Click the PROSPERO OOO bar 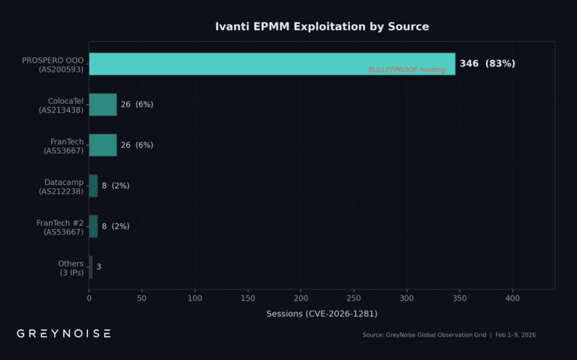pos(272,64)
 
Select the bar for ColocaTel pos(103,105)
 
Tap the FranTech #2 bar pos(93,226)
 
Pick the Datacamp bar pos(93,186)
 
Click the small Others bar pos(91,267)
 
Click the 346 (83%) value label pos(487,64)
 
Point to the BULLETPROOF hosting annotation pos(406,70)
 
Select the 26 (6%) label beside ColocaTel pos(136,105)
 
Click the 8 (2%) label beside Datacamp pos(116,186)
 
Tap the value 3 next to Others pos(99,267)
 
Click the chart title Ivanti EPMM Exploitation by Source pos(322,26)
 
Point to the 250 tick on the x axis pos(354,298)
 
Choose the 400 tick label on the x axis pos(512,298)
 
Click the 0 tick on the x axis pos(89,298)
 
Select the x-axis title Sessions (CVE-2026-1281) pos(322,314)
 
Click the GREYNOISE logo pos(64,334)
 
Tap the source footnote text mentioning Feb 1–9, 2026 pos(449,335)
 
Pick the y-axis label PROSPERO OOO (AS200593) pos(52,65)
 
